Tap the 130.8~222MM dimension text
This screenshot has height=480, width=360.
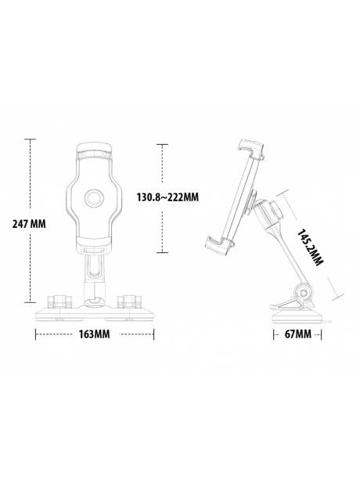167,197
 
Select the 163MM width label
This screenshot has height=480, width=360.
93,334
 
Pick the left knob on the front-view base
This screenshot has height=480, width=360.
60,300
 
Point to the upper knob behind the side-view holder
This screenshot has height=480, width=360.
275,210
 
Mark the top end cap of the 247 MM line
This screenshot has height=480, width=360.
31,139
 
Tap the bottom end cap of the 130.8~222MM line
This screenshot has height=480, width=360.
162,253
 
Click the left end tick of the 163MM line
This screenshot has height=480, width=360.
36,334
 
